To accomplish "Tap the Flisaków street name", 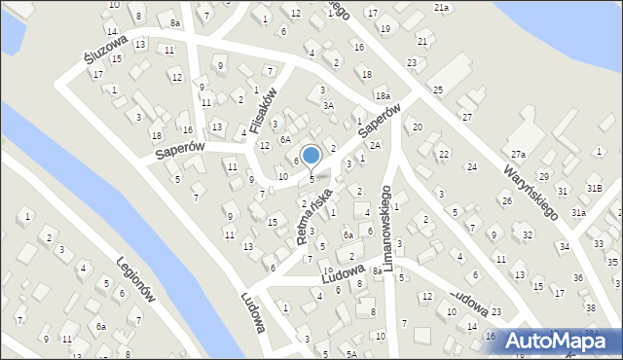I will click(x=265, y=110).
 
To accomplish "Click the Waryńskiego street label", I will click(x=531, y=190).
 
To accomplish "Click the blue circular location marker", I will click(x=311, y=155).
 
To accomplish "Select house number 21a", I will click(x=442, y=8).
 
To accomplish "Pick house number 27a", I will click(x=520, y=155).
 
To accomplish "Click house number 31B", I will click(x=594, y=188).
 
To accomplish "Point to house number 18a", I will click(x=383, y=95).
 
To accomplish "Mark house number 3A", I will click(x=329, y=105).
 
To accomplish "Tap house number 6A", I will click(x=285, y=139).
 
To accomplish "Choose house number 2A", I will click(x=374, y=145).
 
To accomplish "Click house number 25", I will click(x=438, y=90).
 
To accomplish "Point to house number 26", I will click(x=506, y=200).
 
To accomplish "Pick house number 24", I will click(x=471, y=167).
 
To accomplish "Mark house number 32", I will click(x=527, y=234).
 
